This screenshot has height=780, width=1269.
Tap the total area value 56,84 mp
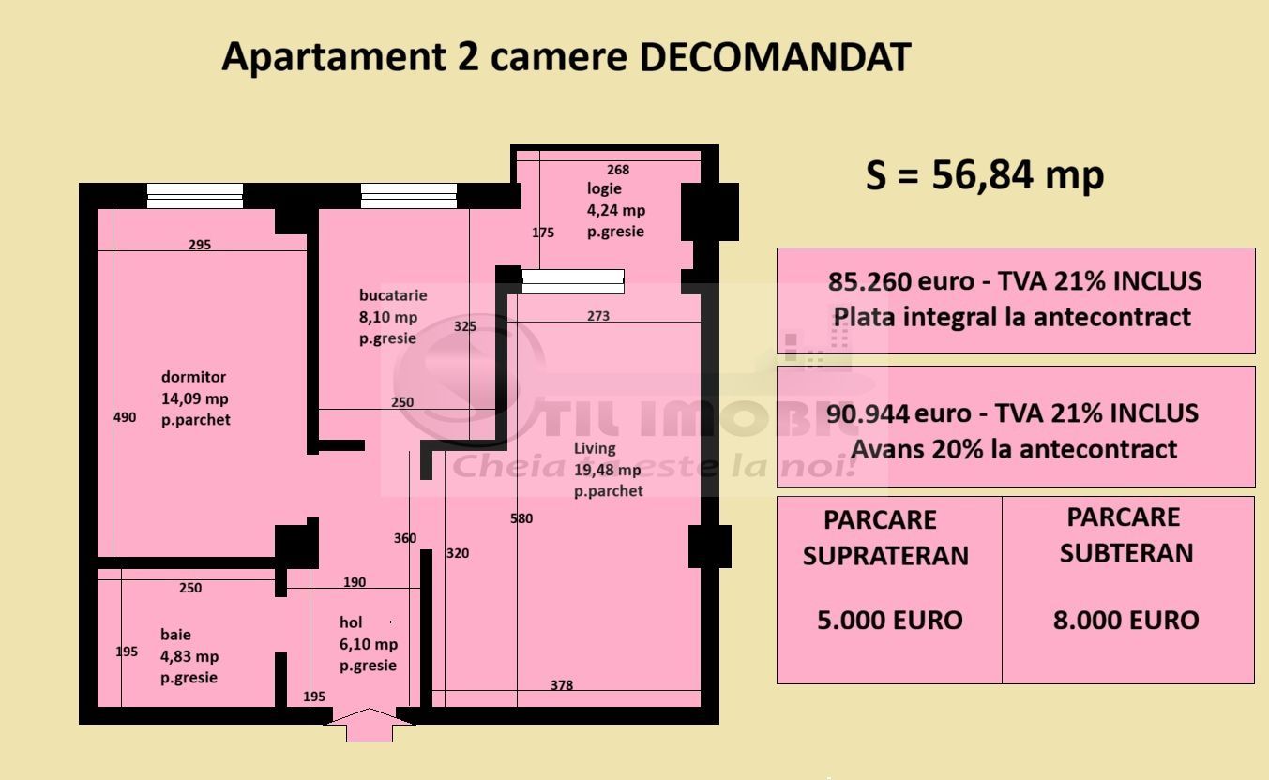click(x=1018, y=175)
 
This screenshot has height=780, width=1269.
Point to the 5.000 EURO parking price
click(x=889, y=620)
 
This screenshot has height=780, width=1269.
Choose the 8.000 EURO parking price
click(x=1125, y=620)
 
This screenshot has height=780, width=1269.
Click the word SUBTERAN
click(x=1126, y=553)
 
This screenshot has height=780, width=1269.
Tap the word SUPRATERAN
click(x=885, y=556)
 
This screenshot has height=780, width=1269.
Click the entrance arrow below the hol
click(x=370, y=725)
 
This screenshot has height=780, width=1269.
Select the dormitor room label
click(x=193, y=377)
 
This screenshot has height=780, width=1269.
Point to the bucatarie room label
click(x=392, y=295)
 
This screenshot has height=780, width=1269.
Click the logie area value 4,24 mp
click(x=615, y=210)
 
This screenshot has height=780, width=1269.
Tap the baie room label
click(x=175, y=635)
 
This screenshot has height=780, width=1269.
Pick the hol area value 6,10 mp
click(x=368, y=644)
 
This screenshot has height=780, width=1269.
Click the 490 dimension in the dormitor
click(x=124, y=417)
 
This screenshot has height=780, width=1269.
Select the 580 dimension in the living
click(x=521, y=518)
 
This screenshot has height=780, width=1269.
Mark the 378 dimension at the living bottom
click(x=561, y=685)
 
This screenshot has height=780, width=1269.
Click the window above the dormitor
click(x=195, y=195)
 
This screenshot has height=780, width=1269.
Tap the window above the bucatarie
click(x=409, y=195)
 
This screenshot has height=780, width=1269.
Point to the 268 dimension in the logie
click(x=618, y=170)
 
